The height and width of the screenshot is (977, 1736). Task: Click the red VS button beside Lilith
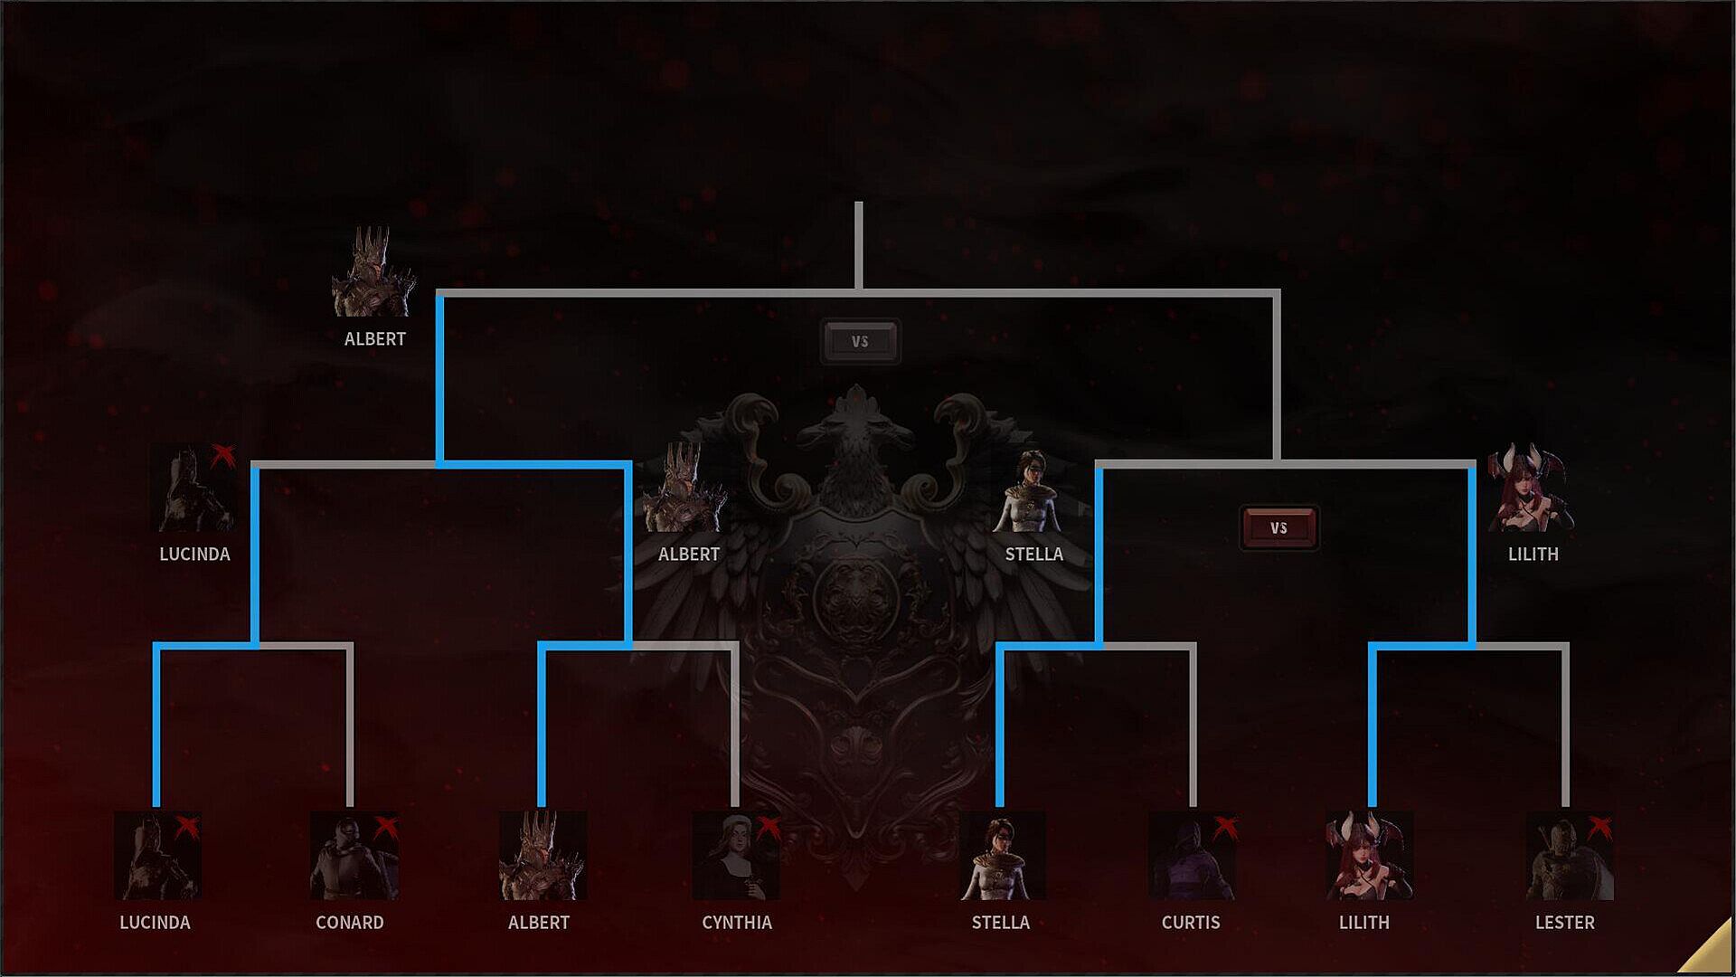click(x=1278, y=528)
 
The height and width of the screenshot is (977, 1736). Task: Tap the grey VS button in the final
click(x=860, y=342)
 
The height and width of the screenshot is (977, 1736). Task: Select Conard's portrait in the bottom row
click(x=353, y=856)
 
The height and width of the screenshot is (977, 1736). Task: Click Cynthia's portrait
click(x=735, y=856)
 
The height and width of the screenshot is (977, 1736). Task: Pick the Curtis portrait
click(x=1192, y=856)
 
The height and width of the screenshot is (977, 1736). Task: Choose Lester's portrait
click(x=1569, y=856)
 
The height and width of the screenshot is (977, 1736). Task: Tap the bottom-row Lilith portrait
click(x=1368, y=856)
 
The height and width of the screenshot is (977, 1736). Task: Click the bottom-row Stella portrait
click(x=1002, y=856)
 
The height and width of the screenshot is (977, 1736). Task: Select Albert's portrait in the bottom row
click(x=542, y=856)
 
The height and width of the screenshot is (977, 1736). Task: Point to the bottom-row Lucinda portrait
click(x=157, y=856)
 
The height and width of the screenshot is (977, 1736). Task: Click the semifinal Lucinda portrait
click(x=193, y=488)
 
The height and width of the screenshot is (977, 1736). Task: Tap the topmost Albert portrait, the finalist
click(x=373, y=272)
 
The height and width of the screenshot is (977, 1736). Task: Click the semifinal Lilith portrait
click(x=1531, y=488)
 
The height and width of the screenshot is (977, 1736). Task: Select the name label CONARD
click(x=350, y=923)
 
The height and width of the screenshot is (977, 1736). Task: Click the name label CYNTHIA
click(x=737, y=923)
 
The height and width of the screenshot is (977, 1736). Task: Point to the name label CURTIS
click(x=1191, y=923)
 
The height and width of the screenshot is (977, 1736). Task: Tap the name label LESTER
click(x=1565, y=923)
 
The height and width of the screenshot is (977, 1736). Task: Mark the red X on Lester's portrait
click(x=1599, y=826)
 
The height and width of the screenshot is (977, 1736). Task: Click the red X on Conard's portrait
click(x=386, y=826)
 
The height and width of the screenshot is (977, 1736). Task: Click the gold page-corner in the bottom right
click(x=1711, y=953)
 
